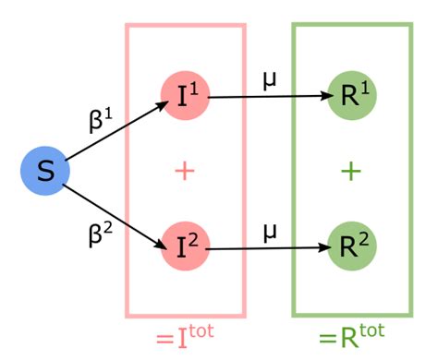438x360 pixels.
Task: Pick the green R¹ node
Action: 351,95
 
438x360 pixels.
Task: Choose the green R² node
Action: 351,246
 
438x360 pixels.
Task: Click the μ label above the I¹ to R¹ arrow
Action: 269,78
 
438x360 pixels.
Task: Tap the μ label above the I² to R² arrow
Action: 269,230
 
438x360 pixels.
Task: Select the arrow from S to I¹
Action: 116,134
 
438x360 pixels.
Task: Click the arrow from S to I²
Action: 116,211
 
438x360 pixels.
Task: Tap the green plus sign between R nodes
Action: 351,171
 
